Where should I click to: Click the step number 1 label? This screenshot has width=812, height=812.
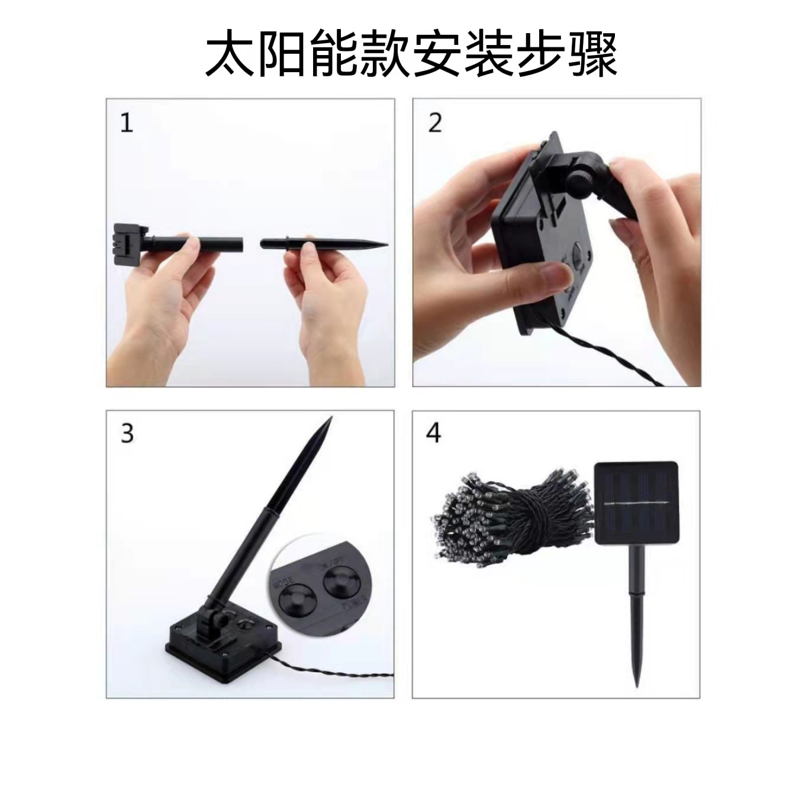coord(127,123)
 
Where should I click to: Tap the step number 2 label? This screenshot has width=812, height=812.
coord(435,123)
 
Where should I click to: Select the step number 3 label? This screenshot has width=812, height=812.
coord(127,434)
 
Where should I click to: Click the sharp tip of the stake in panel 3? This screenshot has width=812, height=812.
coord(329,420)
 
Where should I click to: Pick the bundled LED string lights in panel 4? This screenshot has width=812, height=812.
coord(509,512)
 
